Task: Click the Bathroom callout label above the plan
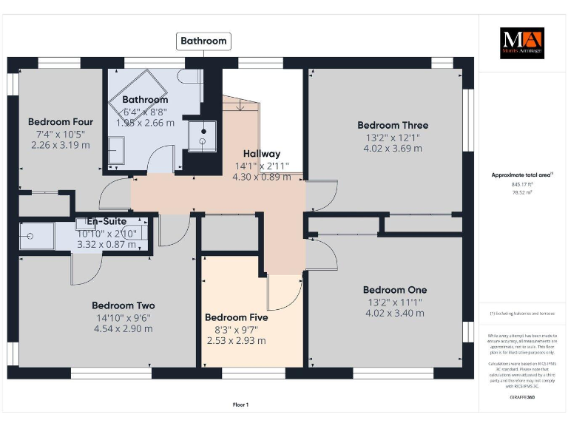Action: [203, 41]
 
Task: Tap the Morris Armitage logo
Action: [522, 43]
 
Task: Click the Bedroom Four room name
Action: [61, 122]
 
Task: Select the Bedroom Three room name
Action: [393, 125]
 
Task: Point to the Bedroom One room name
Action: [394, 290]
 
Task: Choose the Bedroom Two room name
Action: [123, 305]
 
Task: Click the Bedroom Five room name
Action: [236, 317]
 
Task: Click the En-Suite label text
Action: [106, 221]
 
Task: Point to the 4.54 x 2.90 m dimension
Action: [123, 328]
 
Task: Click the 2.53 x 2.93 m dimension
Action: [236, 341]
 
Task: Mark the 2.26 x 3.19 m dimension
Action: [61, 146]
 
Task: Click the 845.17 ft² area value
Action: [522, 184]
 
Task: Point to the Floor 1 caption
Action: [240, 405]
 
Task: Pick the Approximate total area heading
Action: [521, 175]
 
